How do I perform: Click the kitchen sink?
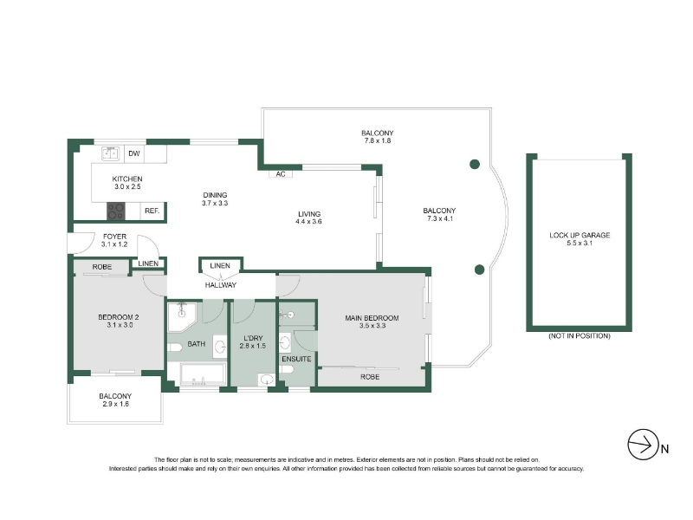tap(111, 153)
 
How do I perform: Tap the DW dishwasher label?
tap(134, 153)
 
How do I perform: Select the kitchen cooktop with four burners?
tap(116, 211)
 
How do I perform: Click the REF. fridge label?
tap(152, 211)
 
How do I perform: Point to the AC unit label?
tap(281, 174)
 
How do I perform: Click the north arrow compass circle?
tap(643, 445)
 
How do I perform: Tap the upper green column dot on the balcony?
tap(475, 165)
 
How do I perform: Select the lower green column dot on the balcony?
tap(480, 270)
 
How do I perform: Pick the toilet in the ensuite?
tap(287, 370)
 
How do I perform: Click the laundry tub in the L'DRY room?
tap(267, 380)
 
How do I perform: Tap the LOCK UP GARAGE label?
tap(580, 235)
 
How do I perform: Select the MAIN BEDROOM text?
tap(372, 318)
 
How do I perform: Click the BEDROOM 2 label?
tap(119, 317)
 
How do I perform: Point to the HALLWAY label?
tap(221, 285)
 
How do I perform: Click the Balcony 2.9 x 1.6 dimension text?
tap(115, 404)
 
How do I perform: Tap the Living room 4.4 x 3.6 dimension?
tap(308, 222)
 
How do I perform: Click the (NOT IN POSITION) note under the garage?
tap(580, 336)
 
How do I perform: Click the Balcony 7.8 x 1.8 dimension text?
tap(378, 140)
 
